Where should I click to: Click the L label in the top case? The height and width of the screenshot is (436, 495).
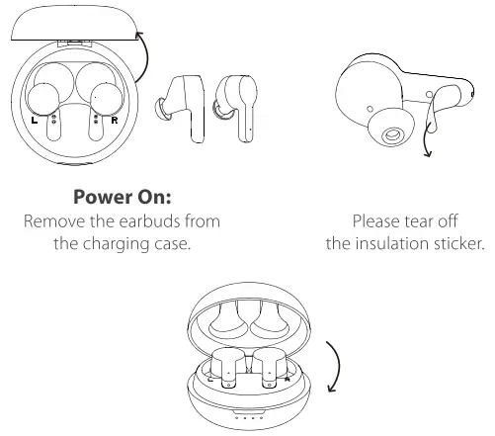coord(36,119)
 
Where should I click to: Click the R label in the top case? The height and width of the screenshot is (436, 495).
coord(117,119)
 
